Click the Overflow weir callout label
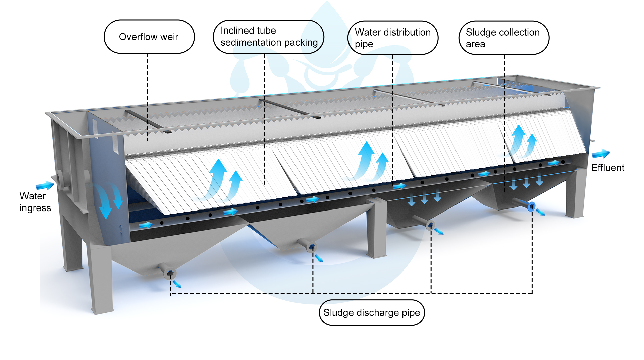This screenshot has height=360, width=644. click(149, 37)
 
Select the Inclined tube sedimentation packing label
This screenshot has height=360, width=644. click(268, 37)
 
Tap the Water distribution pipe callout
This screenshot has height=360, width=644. click(393, 38)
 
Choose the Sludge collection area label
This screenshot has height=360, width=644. click(503, 38)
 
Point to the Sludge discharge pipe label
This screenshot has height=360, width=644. click(372, 313)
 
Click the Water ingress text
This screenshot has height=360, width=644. click(35, 202)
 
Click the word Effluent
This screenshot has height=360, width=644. click(607, 168)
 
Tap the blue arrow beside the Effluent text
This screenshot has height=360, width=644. click(601, 154)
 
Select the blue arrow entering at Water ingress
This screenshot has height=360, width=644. click(45, 185)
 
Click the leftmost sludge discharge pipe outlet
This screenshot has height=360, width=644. click(170, 274)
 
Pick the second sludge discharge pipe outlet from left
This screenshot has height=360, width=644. click(312, 247)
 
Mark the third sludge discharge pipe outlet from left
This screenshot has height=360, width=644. click(431, 225)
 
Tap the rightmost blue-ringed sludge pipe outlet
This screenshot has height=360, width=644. click(531, 206)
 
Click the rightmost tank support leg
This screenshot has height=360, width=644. click(575, 194)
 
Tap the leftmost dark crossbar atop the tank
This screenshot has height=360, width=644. click(148, 123)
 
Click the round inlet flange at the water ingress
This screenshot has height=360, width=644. click(61, 178)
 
